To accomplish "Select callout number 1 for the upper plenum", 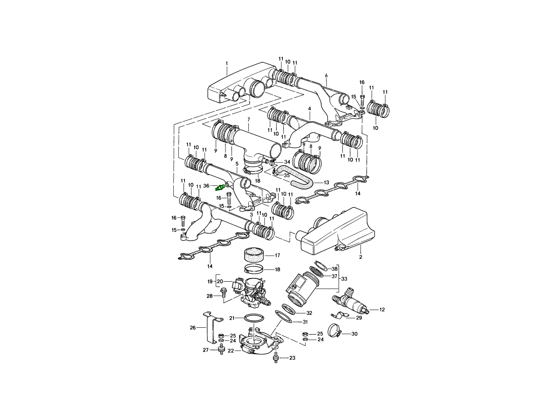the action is pos(227,63).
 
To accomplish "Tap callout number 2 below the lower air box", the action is pos(361,257).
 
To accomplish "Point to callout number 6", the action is pos(326,75).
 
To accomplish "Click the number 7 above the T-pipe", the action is pos(249,119).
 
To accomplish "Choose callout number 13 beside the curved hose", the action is pos(327,182).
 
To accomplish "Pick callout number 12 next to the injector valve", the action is pos(382,310).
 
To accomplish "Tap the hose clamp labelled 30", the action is pos(335,331).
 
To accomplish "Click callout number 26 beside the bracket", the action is pos(193,328).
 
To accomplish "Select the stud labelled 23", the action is pos(276,358).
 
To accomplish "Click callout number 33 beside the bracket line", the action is pos(344,279).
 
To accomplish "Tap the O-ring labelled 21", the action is pos(254,318).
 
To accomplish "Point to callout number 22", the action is pos(231,351).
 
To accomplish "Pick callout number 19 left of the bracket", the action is pos(210,282).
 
